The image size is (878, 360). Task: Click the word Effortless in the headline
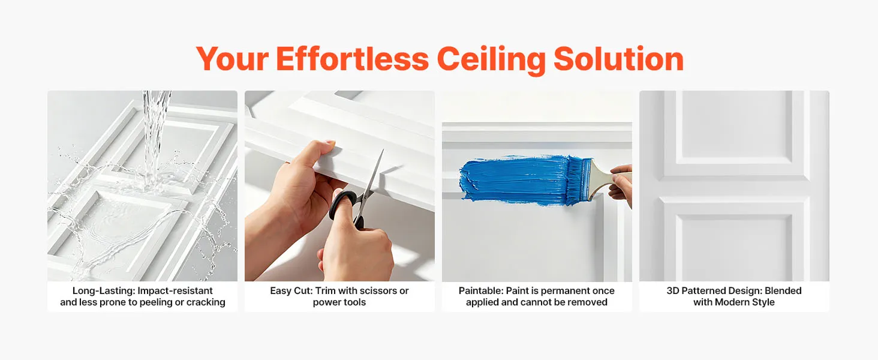coord(353,59)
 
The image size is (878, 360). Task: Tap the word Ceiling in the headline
coord(491,59)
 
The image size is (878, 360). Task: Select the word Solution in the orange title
coord(618,59)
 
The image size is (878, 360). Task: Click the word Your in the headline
coord(233,59)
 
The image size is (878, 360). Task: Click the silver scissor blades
coord(372,176)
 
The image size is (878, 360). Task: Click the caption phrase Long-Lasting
coord(104,291)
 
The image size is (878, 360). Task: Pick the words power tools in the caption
coord(339,302)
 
